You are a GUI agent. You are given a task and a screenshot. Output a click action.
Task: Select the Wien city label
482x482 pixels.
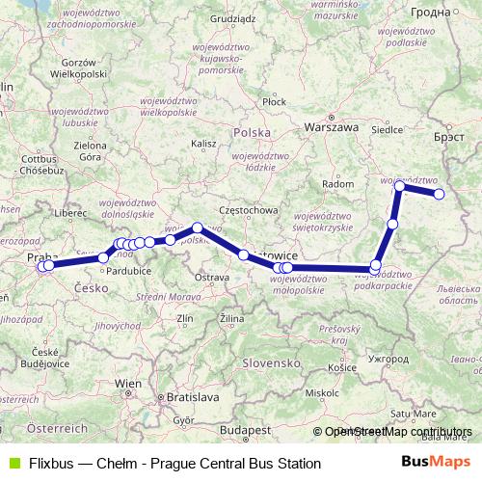(x=128, y=383)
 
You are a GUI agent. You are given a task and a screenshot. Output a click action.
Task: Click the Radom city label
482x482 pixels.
(x=338, y=183)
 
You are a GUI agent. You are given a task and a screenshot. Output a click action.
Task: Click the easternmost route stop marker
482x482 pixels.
(x=439, y=195)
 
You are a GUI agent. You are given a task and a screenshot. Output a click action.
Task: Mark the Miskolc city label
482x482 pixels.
(x=319, y=392)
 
